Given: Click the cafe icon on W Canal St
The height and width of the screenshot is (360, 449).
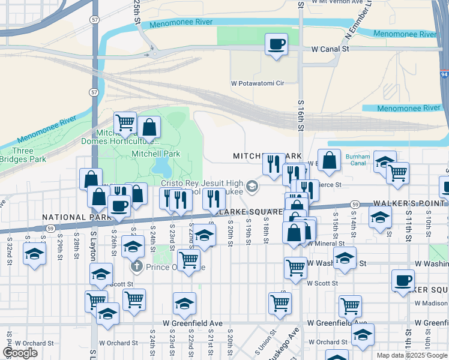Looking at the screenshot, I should tap(276, 44).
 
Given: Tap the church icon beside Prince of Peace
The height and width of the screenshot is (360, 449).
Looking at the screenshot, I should tap(136, 266).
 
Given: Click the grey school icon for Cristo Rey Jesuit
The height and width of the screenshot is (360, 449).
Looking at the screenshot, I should tap(253, 187).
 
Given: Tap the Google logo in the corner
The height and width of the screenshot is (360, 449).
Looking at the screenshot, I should tap(20, 353).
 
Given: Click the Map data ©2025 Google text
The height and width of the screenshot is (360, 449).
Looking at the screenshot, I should tap(412, 355).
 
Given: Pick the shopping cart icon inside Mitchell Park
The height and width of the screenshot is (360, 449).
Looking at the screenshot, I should tap(125, 123).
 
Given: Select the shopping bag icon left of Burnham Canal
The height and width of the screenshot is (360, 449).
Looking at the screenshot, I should tap(329, 160).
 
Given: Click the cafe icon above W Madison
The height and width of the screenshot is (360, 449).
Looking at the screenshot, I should tap(403, 280).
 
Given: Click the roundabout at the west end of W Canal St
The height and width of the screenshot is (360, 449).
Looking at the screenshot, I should tap(155, 54).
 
